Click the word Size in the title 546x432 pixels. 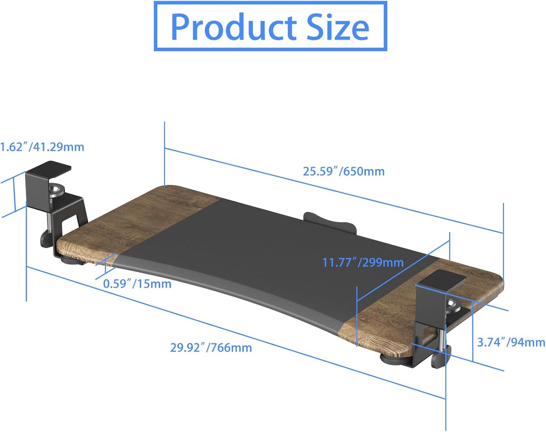tap(337, 27)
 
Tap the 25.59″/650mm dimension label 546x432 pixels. tap(343, 171)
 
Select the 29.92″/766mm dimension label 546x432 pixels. tap(211, 347)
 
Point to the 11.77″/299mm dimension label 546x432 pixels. tap(363, 262)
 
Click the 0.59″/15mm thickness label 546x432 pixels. tap(137, 283)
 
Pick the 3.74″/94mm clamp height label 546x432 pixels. tap(511, 342)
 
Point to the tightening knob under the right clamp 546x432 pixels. tap(439, 358)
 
